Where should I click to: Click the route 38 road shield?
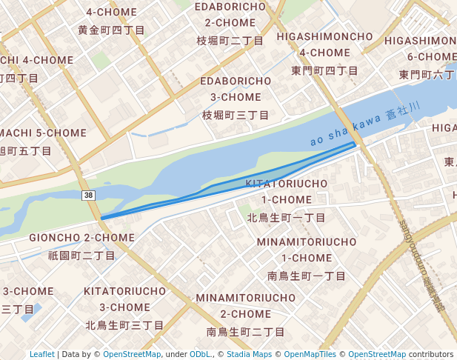tap(89, 195)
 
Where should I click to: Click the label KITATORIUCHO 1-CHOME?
tap(286, 191)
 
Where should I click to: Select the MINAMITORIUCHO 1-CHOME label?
tap(307, 250)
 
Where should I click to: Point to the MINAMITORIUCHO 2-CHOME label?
tap(246, 305)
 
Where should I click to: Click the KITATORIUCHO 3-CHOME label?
tap(124, 299)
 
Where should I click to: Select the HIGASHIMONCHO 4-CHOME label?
tap(324, 44)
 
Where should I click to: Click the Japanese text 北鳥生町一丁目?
tap(286, 218)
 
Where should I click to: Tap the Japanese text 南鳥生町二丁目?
tap(246, 332)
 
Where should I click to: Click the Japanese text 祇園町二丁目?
tap(81, 256)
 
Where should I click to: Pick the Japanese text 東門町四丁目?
tap(324, 70)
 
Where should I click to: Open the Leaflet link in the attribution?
tap(42, 354)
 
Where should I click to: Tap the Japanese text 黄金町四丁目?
tap(111, 30)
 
